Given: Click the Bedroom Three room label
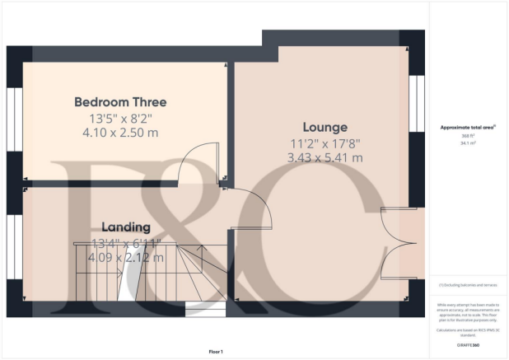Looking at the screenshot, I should (120, 102).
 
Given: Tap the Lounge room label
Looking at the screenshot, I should (325, 127).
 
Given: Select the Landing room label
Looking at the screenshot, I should (125, 227).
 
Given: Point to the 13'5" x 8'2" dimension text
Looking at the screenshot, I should (120, 118).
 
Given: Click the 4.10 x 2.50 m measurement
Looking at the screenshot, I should (120, 132).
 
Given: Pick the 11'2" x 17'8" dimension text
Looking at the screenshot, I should (325, 143).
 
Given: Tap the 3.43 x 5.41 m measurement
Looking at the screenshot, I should (325, 157).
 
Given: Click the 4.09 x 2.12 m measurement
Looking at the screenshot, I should (127, 257).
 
